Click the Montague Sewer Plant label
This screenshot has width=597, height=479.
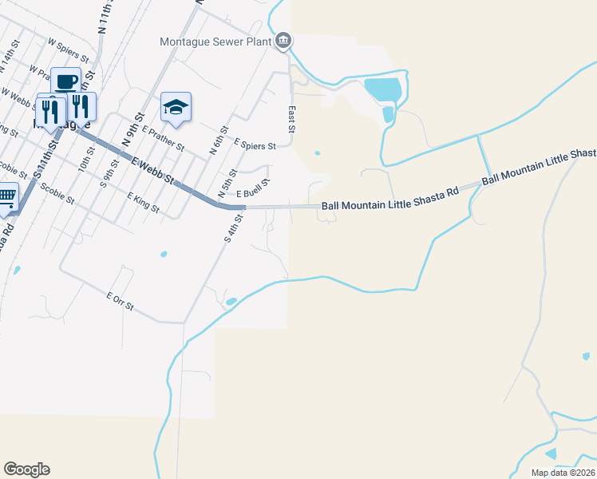215,42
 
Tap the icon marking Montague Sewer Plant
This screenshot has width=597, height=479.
283,42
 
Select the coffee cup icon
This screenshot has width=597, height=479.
65,81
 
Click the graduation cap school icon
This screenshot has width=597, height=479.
176,106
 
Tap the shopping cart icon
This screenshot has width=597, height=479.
6,197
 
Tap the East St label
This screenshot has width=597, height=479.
291,119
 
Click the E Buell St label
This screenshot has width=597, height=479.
253,188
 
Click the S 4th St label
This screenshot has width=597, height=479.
233,227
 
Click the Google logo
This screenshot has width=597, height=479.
26,469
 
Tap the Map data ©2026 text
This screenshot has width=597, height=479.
563,472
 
